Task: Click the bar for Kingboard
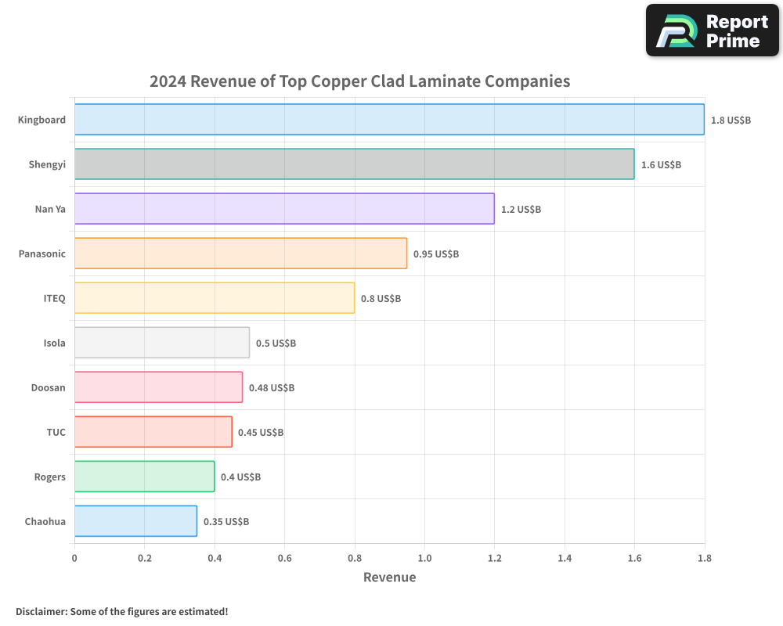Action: [x=389, y=120]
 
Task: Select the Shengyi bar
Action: [x=354, y=164]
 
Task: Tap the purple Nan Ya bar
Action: [x=284, y=209]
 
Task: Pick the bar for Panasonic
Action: [x=240, y=254]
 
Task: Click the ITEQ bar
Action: [x=215, y=298]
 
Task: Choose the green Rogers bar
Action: [x=144, y=477]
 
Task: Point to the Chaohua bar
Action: [x=135, y=521]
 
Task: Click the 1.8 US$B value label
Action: [x=731, y=121]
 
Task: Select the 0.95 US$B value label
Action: [x=436, y=254]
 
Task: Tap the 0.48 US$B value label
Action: [x=272, y=388]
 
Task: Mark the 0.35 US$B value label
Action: [x=226, y=522]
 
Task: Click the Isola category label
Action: [x=55, y=343]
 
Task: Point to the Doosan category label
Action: [x=49, y=387]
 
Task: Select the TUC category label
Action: [x=56, y=432]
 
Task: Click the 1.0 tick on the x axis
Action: [x=424, y=559]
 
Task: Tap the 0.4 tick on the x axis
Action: [x=215, y=559]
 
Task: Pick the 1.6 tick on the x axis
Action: [x=634, y=559]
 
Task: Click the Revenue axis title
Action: [x=389, y=577]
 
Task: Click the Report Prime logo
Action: [x=712, y=31]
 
